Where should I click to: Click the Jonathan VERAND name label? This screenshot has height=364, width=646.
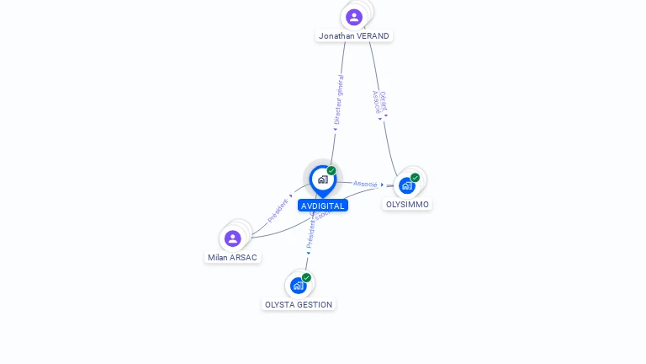coord(354,36)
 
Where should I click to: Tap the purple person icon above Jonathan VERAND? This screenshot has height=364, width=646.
coord(354,16)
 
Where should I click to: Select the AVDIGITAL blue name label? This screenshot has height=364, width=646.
coord(322,206)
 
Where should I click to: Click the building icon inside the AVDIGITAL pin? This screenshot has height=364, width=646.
coord(322,179)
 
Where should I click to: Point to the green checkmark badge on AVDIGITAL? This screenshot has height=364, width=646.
coord(331,171)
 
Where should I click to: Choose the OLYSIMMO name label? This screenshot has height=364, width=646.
coord(407,205)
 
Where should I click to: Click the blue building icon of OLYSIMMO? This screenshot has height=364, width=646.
coord(407,185)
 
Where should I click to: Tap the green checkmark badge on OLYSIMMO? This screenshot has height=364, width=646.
coord(416,178)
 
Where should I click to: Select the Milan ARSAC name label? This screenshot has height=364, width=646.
coord(233,258)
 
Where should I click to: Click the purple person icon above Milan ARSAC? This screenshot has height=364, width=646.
coord(233,238)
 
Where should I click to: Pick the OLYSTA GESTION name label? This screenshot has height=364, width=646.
coord(299,305)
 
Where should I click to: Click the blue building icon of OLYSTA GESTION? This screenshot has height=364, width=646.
coord(298,286)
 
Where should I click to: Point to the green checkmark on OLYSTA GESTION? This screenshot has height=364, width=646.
coord(306,278)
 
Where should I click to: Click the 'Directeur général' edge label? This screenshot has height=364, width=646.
coord(338,99)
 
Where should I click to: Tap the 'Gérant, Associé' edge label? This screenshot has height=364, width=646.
coord(379,102)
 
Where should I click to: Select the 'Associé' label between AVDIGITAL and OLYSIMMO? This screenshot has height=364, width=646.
coord(365,184)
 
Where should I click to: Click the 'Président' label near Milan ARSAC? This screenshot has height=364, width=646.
coord(278,210)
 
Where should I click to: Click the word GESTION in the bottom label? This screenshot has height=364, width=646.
coord(315,305)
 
